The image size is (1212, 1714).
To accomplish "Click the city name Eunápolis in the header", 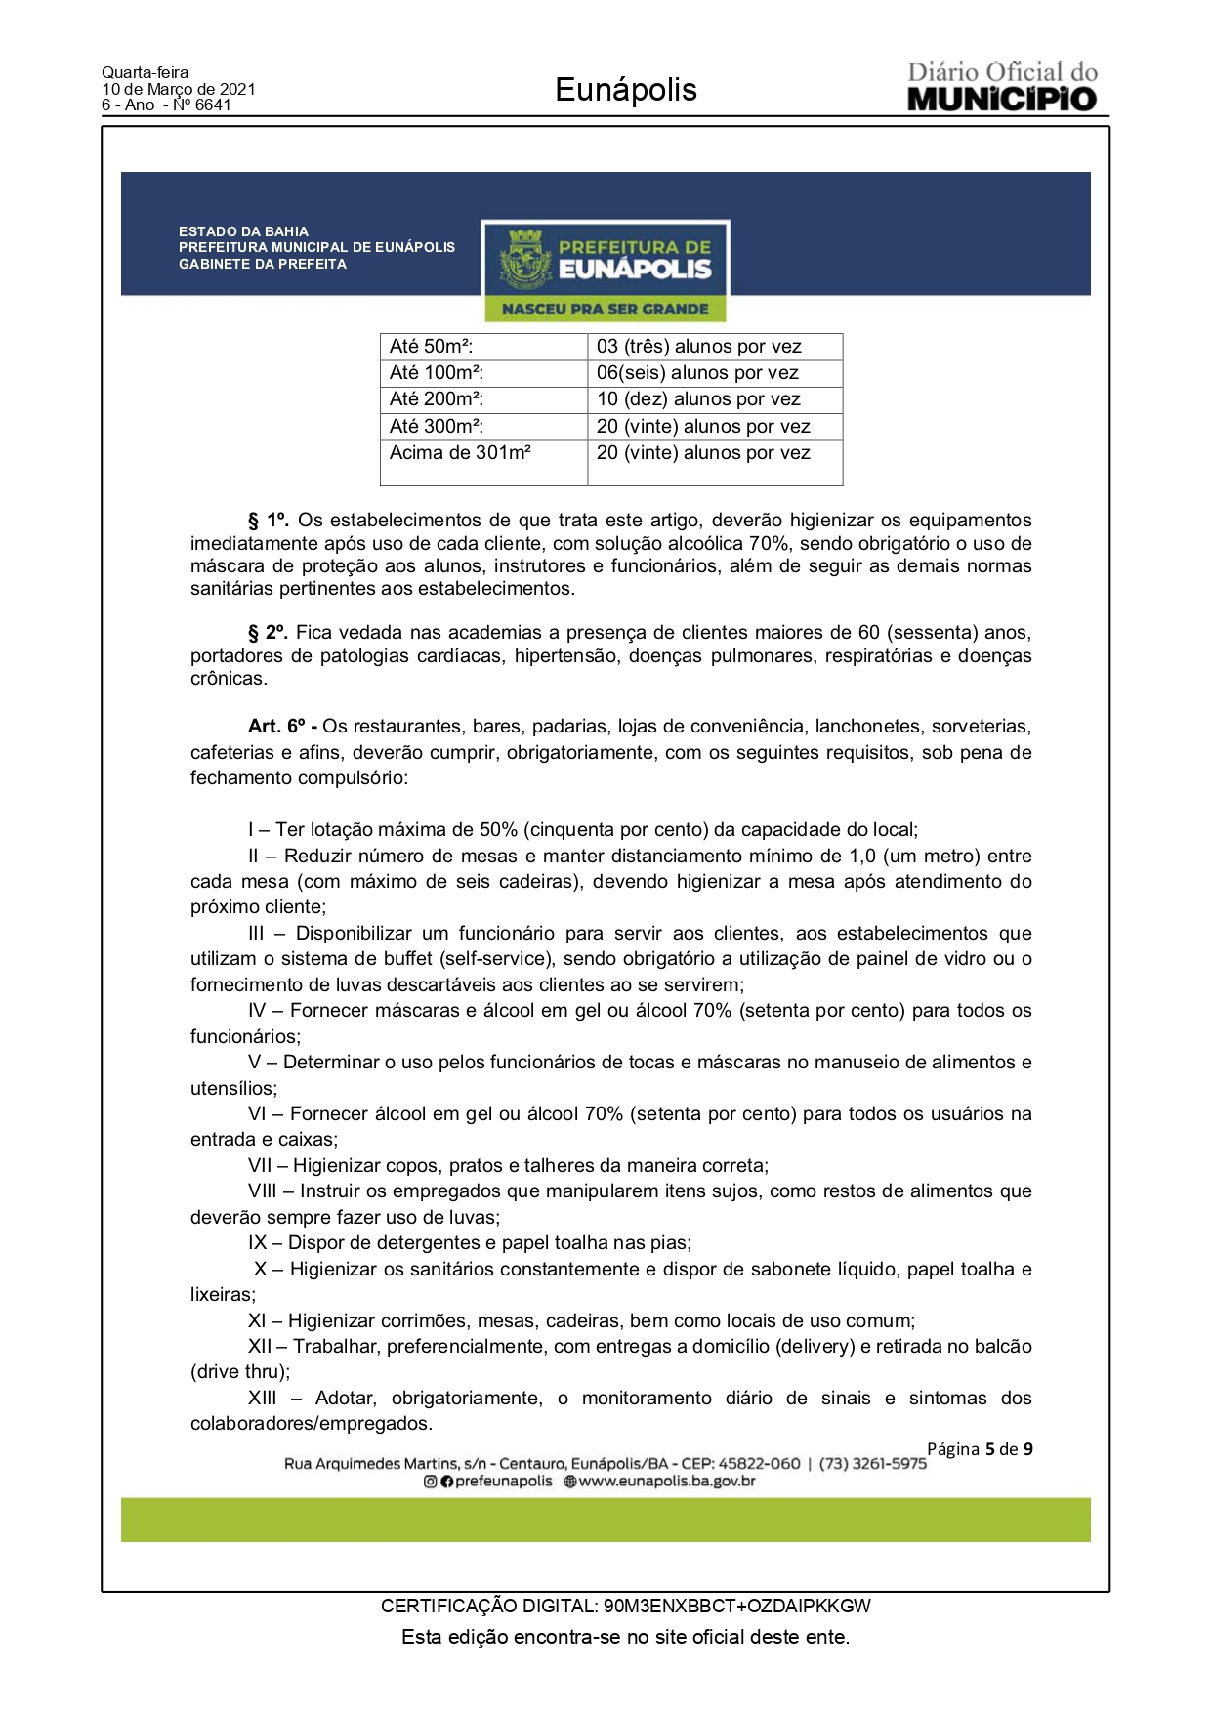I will click(x=625, y=90).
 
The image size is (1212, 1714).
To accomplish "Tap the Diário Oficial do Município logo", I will click(x=1002, y=87).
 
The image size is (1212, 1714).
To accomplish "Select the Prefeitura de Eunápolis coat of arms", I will click(x=525, y=261).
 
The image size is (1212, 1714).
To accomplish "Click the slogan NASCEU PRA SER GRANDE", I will click(x=605, y=309).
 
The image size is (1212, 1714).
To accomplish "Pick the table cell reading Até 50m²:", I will click(x=431, y=347).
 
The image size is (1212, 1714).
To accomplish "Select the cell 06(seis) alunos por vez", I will click(x=697, y=373).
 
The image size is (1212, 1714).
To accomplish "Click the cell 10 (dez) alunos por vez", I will click(x=698, y=399).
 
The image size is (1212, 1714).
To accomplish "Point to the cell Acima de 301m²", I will click(x=460, y=453).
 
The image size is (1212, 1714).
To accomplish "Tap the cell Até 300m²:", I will click(x=437, y=427).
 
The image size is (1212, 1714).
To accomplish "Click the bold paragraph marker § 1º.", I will click(x=268, y=521).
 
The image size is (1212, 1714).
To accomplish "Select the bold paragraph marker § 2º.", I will click(x=268, y=633).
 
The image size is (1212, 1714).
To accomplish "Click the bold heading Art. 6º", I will click(x=281, y=727).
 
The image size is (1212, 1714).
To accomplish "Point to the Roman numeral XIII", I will click(x=262, y=1399).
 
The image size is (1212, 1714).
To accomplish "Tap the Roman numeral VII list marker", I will click(x=260, y=1166).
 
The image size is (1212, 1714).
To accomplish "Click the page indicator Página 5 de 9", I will click(x=979, y=1449).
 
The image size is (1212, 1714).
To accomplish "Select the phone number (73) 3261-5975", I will click(x=872, y=1464).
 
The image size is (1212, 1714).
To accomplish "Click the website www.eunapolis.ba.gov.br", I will click(x=667, y=1482).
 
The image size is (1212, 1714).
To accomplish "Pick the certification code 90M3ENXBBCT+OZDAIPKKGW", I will click(x=736, y=1607).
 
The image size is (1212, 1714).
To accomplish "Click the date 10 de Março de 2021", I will click(x=179, y=89).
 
